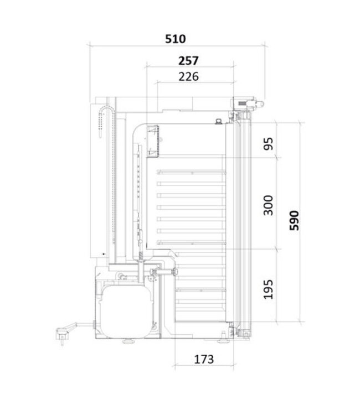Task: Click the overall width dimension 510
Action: [x=176, y=39]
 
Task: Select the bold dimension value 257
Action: [x=188, y=60]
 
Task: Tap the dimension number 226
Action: [x=188, y=77]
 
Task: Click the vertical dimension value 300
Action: [x=269, y=206]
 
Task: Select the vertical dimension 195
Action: [x=269, y=288]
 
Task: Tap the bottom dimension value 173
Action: [x=204, y=359]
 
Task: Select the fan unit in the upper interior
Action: [x=153, y=142]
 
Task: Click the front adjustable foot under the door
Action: [x=224, y=336]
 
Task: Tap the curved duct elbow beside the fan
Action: [x=138, y=133]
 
